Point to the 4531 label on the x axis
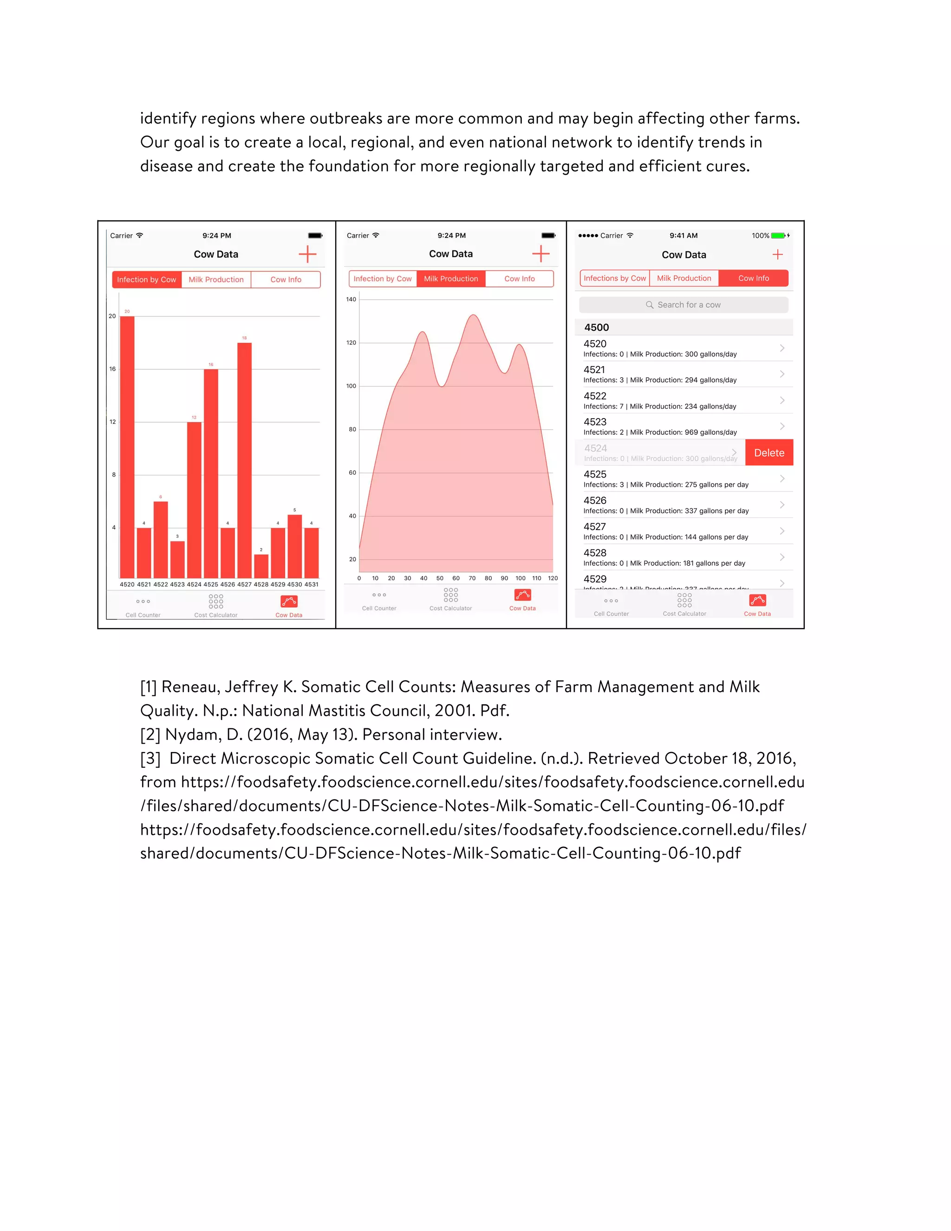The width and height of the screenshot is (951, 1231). [312, 584]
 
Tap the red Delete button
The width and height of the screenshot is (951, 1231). [769, 452]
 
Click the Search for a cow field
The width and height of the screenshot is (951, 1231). [684, 305]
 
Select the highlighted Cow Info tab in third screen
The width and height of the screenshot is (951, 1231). [753, 278]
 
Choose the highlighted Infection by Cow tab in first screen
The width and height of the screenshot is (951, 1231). [146, 280]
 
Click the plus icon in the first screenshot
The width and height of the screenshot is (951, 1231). [307, 254]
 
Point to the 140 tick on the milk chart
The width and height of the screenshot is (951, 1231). [351, 299]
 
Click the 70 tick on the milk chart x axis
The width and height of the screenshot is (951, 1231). [472, 578]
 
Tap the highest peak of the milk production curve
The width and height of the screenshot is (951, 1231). [474, 315]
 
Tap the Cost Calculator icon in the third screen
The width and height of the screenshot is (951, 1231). [684, 601]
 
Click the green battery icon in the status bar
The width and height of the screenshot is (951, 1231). [778, 236]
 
